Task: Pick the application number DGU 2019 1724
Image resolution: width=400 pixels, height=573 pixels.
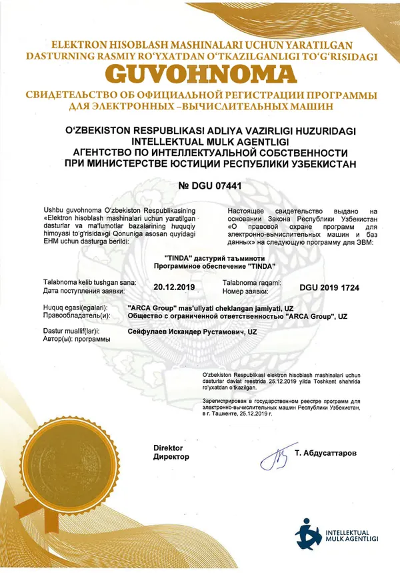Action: [x=329, y=288]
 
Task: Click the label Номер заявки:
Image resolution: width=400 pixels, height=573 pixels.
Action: [x=246, y=291]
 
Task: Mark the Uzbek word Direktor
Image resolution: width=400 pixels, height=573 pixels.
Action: [x=168, y=448]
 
